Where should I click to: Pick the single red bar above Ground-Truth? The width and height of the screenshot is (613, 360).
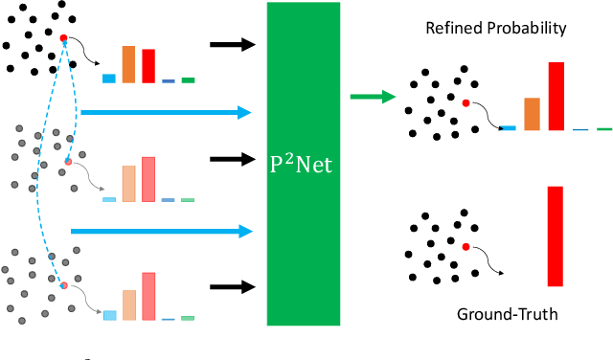[555, 236]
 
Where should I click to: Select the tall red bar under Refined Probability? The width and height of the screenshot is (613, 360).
[556, 96]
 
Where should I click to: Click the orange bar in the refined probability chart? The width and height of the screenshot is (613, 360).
[531, 113]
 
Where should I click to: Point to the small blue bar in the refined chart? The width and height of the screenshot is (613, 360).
[508, 127]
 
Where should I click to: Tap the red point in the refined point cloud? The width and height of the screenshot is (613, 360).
[465, 102]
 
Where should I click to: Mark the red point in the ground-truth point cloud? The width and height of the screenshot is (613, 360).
[465, 247]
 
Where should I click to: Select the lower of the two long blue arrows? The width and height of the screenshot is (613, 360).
[160, 231]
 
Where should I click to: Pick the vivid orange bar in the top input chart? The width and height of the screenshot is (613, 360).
[129, 64]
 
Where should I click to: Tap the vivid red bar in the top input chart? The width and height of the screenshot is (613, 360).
[148, 65]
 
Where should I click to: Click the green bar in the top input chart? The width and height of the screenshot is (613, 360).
[188, 79]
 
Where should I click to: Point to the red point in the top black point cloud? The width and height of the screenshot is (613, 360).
[63, 38]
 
